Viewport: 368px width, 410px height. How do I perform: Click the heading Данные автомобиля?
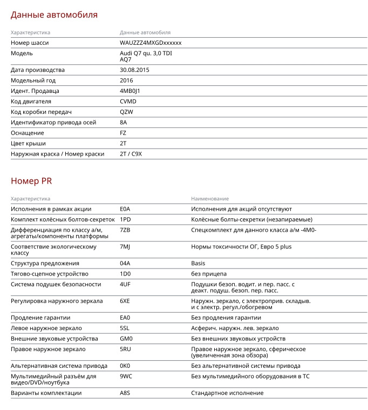(x=54, y=15)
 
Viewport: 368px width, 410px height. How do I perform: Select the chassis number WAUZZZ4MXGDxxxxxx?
(x=151, y=43)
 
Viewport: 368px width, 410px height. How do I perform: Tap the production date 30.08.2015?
(x=134, y=70)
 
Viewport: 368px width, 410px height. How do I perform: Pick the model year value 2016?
(x=126, y=80)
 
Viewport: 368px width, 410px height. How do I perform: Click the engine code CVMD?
(x=128, y=102)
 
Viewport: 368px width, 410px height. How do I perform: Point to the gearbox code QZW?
(x=126, y=112)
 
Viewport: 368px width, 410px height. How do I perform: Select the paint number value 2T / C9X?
(x=131, y=154)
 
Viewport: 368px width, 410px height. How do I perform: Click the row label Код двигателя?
(x=31, y=102)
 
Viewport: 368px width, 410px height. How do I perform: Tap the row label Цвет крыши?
(x=28, y=143)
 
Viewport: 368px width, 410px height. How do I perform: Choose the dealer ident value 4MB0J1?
(x=130, y=91)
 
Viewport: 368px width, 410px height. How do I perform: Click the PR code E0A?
(x=125, y=209)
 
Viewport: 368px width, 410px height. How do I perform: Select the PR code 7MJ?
(x=125, y=247)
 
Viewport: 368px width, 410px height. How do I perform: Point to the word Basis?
(x=198, y=263)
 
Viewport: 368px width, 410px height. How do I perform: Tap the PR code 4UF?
(x=125, y=284)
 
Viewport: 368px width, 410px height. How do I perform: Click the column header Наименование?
(x=210, y=199)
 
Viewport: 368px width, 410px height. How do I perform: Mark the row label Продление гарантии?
(x=40, y=318)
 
